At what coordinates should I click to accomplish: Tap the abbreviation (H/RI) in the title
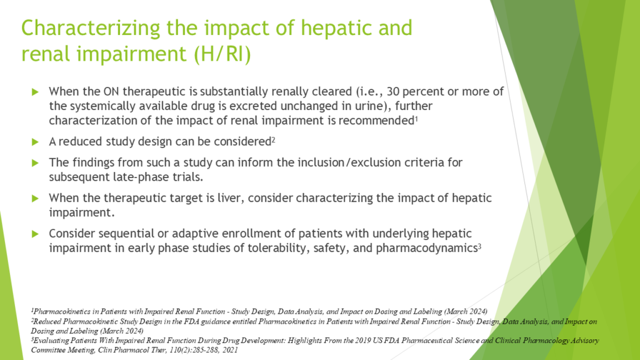(x=222, y=54)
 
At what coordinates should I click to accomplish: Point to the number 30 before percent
(x=393, y=91)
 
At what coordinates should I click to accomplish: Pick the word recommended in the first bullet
(x=376, y=121)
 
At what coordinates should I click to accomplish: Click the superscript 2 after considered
(x=274, y=140)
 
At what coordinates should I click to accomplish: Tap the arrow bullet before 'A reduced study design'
(x=35, y=142)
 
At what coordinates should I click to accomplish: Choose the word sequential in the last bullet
(x=126, y=234)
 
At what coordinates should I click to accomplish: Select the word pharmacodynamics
(x=426, y=248)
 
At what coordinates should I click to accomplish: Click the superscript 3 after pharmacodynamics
(x=479, y=246)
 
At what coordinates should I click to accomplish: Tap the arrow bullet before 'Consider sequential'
(x=35, y=234)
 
